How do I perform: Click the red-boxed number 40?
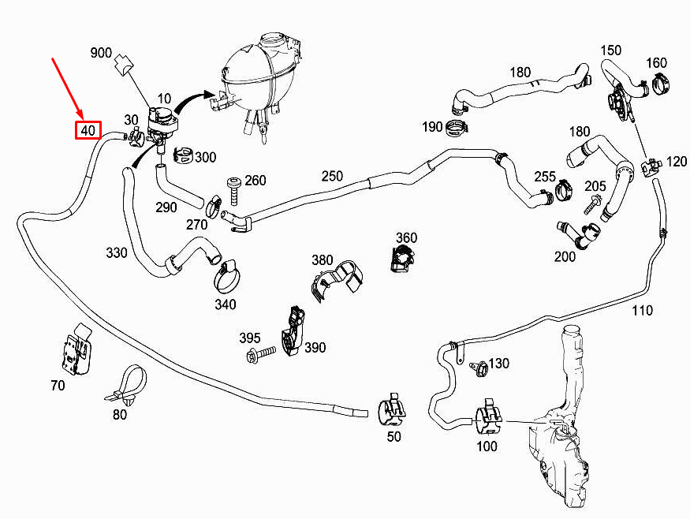tap(88, 130)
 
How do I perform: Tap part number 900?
tap(101, 53)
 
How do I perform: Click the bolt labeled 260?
tap(233, 191)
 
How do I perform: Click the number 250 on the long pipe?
tap(332, 176)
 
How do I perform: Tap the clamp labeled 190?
tap(457, 128)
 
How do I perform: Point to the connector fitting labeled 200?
tap(577, 236)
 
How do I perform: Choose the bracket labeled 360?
tap(401, 259)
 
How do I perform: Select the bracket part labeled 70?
tap(76, 350)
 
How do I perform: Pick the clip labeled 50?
tap(392, 409)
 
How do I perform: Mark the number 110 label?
tap(642, 311)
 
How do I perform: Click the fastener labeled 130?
tap(479, 368)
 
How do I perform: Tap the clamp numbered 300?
tap(184, 154)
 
